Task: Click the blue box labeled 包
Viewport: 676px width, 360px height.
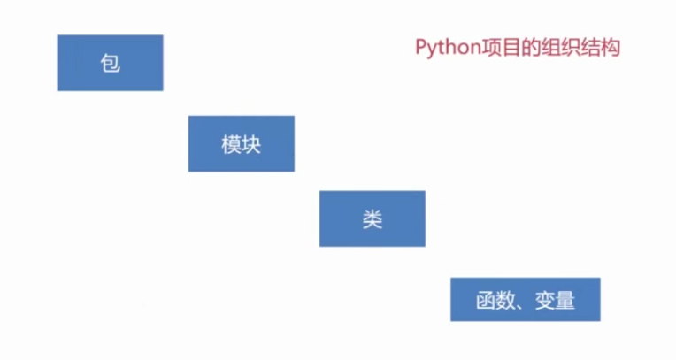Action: (x=110, y=63)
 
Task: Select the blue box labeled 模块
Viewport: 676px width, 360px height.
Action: (x=241, y=144)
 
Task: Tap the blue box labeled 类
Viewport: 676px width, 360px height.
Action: (x=372, y=218)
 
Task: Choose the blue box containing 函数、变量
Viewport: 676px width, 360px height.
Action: (x=526, y=300)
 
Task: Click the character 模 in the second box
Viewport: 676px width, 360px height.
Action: (x=231, y=144)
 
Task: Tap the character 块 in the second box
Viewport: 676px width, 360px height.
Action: (x=251, y=144)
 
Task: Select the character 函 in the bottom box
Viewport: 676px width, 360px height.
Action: (x=485, y=301)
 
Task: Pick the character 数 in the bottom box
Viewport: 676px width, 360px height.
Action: (x=505, y=301)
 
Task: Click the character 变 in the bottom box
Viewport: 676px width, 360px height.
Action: (x=545, y=301)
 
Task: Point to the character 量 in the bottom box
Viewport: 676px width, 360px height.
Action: (x=566, y=301)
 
